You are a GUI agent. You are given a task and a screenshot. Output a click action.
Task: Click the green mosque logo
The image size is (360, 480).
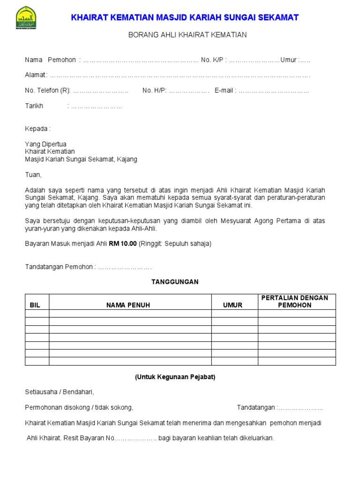(x=26, y=18)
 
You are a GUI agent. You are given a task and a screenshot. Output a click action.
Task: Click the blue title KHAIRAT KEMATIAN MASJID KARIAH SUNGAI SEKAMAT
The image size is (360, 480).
(x=184, y=18)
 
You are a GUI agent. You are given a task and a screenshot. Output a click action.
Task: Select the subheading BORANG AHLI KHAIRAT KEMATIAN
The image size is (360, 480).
(x=187, y=35)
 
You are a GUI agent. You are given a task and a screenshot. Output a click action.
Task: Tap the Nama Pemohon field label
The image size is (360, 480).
(x=50, y=60)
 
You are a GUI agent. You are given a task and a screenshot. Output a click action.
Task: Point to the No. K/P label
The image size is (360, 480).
(x=212, y=60)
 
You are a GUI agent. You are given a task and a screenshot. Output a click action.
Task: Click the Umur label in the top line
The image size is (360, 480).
(x=288, y=60)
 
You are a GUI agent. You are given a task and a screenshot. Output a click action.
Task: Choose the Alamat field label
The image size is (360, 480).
(x=35, y=75)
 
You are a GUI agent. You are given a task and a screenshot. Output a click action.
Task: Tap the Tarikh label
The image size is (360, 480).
(x=34, y=106)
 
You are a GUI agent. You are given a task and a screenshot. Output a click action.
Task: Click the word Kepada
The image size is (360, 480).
(x=37, y=129)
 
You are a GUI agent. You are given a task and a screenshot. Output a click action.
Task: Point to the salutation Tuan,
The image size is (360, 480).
(x=33, y=175)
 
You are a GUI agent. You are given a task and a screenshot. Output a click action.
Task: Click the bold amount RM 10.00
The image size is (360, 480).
(x=123, y=244)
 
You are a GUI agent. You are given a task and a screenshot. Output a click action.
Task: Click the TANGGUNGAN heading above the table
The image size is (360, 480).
(x=175, y=282)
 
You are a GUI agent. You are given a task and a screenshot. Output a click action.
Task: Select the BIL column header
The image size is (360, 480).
(x=35, y=305)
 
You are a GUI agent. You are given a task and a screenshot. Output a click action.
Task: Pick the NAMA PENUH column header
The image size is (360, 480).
(x=128, y=305)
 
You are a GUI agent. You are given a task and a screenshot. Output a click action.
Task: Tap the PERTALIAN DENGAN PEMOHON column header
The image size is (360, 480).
(x=295, y=301)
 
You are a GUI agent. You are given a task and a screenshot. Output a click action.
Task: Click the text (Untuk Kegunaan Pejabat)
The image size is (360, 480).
(x=175, y=377)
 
